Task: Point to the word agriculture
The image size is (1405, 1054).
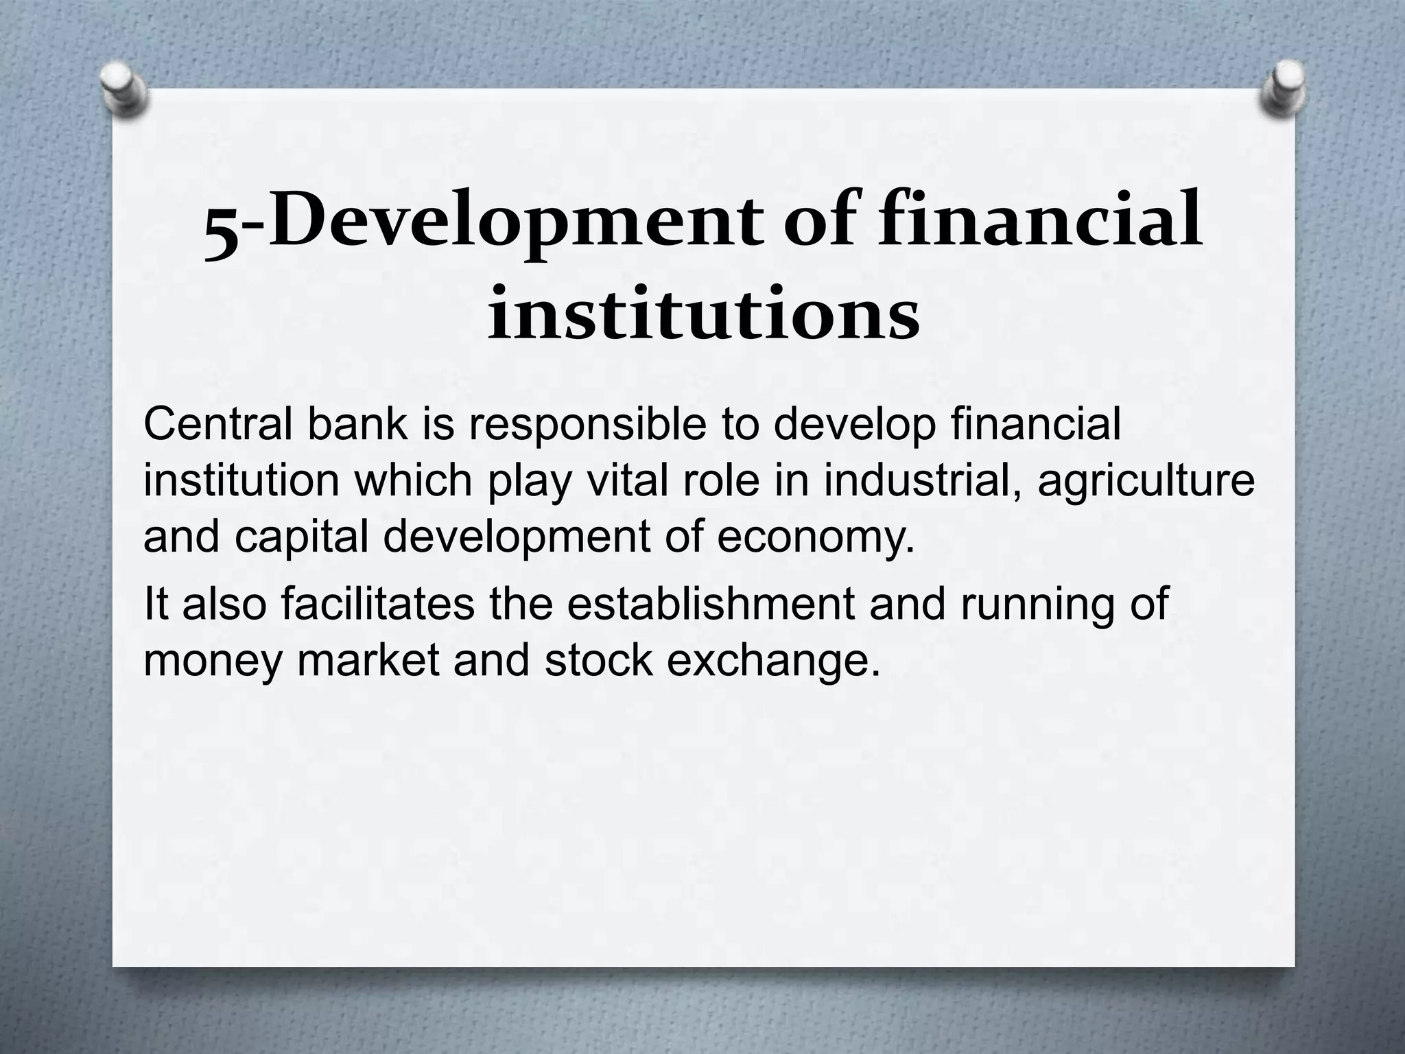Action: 1146,483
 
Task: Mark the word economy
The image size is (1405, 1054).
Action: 816,539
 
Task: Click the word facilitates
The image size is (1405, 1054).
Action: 377,603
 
